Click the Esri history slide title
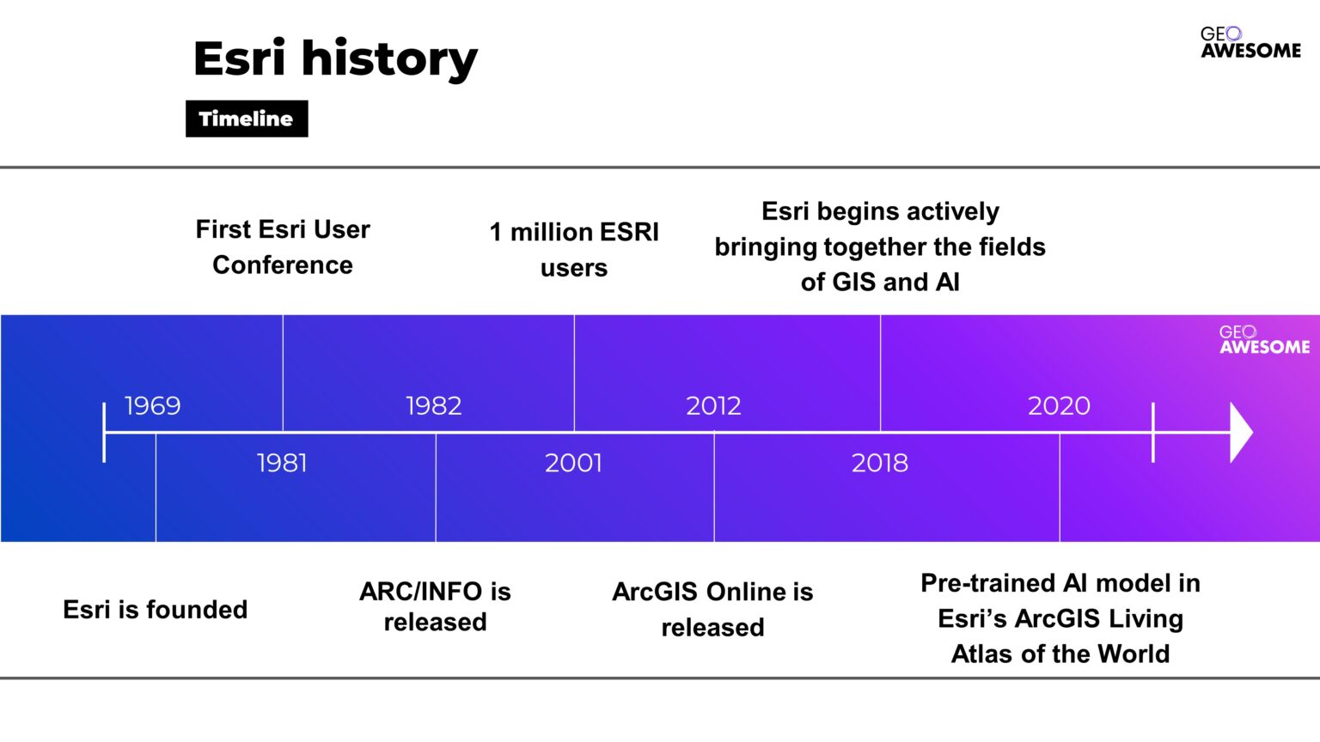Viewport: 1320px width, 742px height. (335, 58)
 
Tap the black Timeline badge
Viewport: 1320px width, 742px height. (247, 119)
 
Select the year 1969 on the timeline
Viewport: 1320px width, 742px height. (152, 405)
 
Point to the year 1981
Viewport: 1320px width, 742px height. (282, 463)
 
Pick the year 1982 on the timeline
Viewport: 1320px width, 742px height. (433, 405)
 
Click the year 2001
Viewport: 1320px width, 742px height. (573, 463)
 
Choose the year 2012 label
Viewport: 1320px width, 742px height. (713, 405)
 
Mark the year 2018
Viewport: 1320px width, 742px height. (879, 463)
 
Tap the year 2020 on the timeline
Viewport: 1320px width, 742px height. (1059, 405)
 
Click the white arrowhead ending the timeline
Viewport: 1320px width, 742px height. (1241, 432)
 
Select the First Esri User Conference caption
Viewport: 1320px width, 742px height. (283, 246)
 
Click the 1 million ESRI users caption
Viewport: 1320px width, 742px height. (574, 249)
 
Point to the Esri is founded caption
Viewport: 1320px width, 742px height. (155, 609)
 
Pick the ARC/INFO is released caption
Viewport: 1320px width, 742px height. (435, 606)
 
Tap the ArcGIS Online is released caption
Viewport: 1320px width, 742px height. (712, 609)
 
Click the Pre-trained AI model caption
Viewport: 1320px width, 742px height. (1060, 618)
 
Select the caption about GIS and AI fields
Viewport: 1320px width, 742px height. (880, 246)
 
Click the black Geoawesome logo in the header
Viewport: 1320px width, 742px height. (1250, 43)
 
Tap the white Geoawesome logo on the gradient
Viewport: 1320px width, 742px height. (1264, 340)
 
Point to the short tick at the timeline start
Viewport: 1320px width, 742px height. (104, 432)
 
